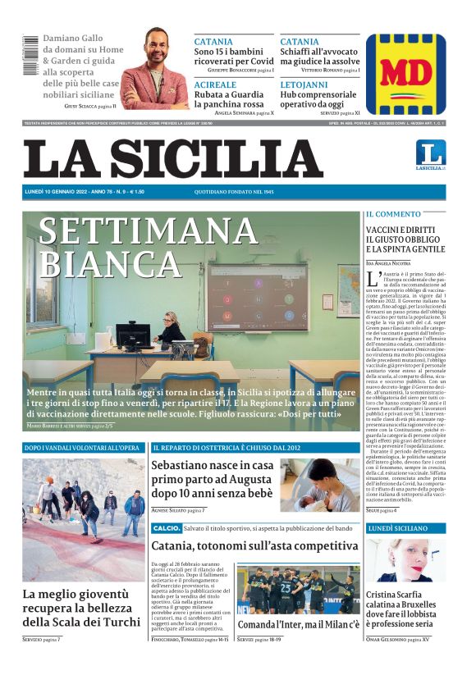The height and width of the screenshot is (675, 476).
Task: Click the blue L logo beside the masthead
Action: (430, 153)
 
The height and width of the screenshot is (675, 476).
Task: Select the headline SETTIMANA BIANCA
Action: (147, 246)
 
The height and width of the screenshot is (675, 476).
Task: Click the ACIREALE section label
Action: (215, 84)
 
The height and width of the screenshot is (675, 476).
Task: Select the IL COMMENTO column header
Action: (393, 214)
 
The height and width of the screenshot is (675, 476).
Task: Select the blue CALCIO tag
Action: (166, 527)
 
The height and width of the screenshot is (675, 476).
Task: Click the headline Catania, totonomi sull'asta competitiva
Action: (254, 545)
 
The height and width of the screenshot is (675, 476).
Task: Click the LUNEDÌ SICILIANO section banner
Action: (405, 529)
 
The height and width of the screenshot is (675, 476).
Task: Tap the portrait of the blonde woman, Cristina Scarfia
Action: (405, 560)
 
